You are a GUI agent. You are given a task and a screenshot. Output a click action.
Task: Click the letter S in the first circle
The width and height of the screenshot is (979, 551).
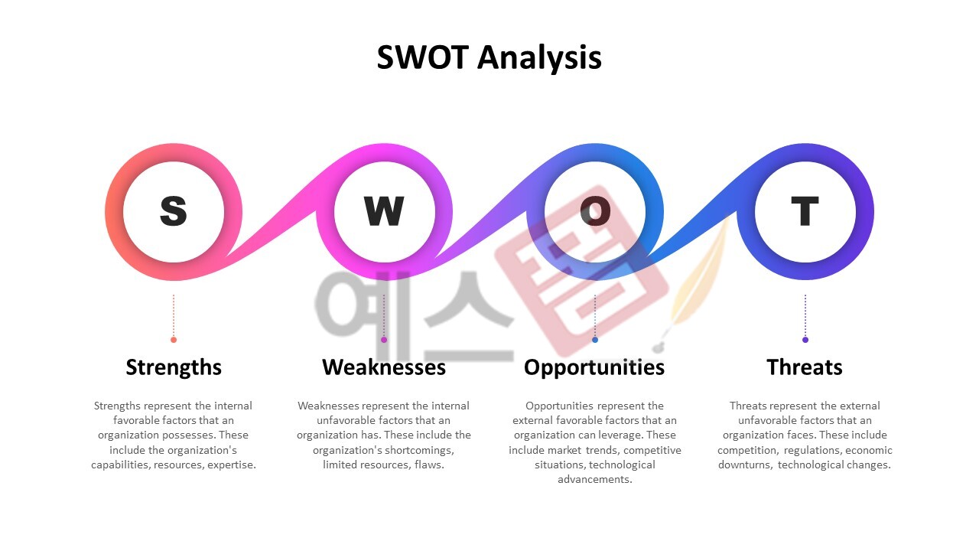[x=174, y=211]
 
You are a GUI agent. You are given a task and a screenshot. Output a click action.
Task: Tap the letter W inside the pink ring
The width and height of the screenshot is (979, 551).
[x=384, y=211]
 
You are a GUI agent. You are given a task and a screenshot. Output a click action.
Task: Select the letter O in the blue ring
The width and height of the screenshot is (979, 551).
[x=595, y=211]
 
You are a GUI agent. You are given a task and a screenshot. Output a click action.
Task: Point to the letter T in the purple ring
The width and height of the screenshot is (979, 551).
[x=805, y=211]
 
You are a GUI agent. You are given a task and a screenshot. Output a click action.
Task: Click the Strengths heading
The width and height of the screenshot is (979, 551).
[x=174, y=367]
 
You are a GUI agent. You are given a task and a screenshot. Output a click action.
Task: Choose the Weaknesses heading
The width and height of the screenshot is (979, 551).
[x=384, y=367]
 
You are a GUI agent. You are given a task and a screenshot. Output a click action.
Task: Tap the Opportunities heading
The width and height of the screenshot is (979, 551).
[x=594, y=367]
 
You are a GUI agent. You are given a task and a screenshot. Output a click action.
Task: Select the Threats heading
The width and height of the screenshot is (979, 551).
[x=805, y=367]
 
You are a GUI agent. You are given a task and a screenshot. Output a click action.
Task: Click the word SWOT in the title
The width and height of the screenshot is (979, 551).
[x=421, y=58]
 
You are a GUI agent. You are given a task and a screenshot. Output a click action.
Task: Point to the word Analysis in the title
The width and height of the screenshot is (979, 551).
[x=540, y=58]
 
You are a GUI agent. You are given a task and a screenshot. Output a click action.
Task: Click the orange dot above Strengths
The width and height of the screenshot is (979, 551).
[x=174, y=340]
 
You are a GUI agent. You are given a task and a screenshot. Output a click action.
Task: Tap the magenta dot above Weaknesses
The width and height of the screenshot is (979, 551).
[x=384, y=340]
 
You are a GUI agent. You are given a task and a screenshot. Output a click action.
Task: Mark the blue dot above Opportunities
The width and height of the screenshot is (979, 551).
[x=595, y=340]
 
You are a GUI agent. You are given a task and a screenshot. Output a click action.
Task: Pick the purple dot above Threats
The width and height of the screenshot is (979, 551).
[x=805, y=340]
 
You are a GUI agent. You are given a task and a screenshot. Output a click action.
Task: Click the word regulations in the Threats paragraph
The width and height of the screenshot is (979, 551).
[x=812, y=450]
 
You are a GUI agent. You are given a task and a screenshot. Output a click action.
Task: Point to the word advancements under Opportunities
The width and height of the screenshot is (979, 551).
[x=595, y=480]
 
